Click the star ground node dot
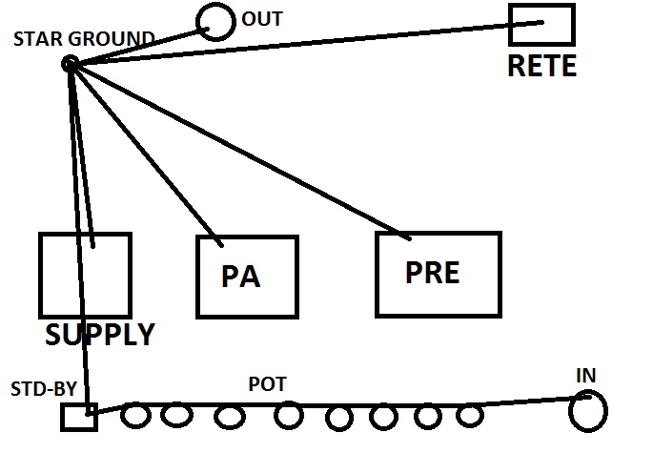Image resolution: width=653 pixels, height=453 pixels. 70,64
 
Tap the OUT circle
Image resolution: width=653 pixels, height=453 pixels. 214,21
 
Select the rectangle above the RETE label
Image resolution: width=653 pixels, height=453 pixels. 541,25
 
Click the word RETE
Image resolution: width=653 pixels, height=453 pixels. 541,67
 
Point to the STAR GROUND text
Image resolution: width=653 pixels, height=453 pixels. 85,39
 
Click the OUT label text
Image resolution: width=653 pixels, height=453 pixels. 262,19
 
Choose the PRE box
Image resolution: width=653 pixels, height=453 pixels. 438,274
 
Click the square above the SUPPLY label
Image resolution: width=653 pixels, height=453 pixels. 85,276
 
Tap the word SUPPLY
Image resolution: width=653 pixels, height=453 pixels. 99,336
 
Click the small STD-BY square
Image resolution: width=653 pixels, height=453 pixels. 79,416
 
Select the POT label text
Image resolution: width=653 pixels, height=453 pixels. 267,384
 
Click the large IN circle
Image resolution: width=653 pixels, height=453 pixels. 587,411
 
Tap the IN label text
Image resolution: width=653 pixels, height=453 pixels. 585,376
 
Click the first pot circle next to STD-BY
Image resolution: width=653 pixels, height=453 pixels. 136,416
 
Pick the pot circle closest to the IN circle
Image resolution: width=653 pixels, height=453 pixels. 469,417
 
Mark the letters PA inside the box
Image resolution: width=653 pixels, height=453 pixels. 241,278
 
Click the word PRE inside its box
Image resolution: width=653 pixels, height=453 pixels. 432,272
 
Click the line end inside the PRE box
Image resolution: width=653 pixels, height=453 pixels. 408,237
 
